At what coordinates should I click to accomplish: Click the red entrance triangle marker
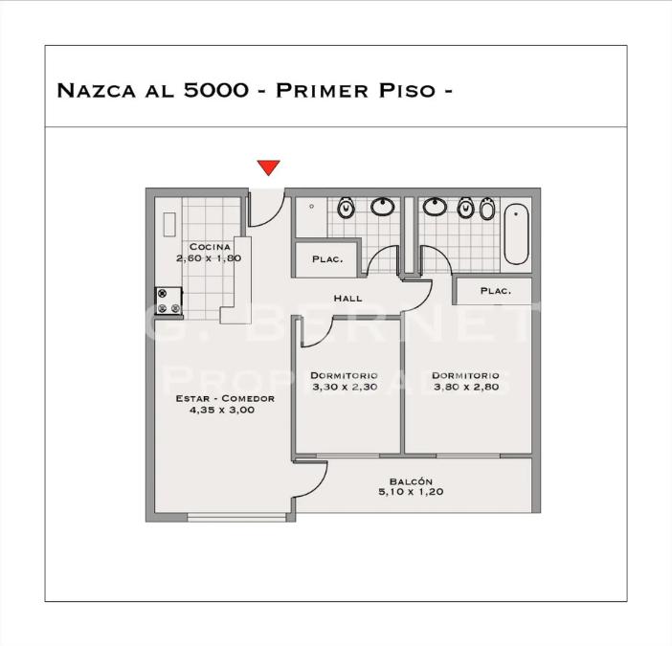tap(269, 168)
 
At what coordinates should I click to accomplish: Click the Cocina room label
tap(209, 247)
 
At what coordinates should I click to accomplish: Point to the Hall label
tap(347, 299)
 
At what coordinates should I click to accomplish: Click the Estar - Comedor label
tap(225, 398)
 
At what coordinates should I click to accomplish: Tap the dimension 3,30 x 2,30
tap(344, 388)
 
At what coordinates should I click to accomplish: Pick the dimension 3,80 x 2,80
tap(465, 388)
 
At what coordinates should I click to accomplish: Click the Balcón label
tap(412, 481)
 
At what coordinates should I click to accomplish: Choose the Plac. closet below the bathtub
tap(494, 291)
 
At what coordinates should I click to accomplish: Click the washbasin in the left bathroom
tap(384, 207)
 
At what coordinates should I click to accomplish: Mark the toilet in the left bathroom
tap(346, 208)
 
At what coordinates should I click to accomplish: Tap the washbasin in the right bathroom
tap(435, 207)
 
